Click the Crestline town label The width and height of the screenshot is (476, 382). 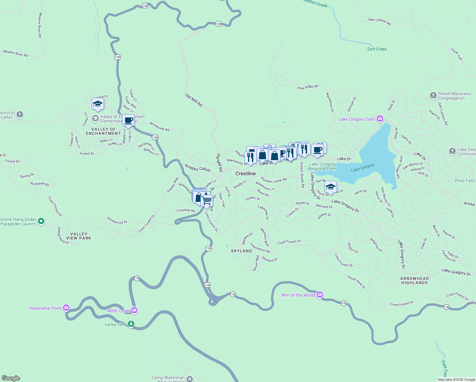pyautogui.click(x=245, y=173)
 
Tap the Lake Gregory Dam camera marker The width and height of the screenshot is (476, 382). pyautogui.click(x=380, y=119)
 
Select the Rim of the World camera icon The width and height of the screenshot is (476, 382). pyautogui.click(x=320, y=295)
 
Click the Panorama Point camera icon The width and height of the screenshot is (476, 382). pyautogui.click(x=66, y=308)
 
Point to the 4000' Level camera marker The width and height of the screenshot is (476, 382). pyautogui.click(x=134, y=310)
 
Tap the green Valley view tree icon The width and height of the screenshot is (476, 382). pyautogui.click(x=131, y=324)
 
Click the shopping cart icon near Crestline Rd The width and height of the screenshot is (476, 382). pyautogui.click(x=207, y=201)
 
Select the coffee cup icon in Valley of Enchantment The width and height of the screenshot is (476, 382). pyautogui.click(x=129, y=120)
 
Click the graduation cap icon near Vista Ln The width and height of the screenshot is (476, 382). pyautogui.click(x=98, y=104)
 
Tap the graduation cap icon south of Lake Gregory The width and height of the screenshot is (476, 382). pyautogui.click(x=331, y=187)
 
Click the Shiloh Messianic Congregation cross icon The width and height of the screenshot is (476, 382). pyautogui.click(x=433, y=95)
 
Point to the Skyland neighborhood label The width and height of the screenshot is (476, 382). pyautogui.click(x=241, y=251)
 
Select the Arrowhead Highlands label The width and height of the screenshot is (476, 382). pyautogui.click(x=414, y=280)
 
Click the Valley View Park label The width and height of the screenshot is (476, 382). pyautogui.click(x=79, y=236)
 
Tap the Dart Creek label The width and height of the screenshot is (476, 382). pyautogui.click(x=377, y=49)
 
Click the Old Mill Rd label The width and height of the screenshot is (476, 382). pyautogui.click(x=194, y=100)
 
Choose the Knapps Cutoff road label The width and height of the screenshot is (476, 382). pyautogui.click(x=198, y=168)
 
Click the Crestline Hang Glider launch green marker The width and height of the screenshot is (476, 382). pyautogui.click(x=41, y=221)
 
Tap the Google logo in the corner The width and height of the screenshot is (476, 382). pyautogui.click(x=11, y=378)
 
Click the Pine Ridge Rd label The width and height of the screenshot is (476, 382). pyautogui.click(x=308, y=87)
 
